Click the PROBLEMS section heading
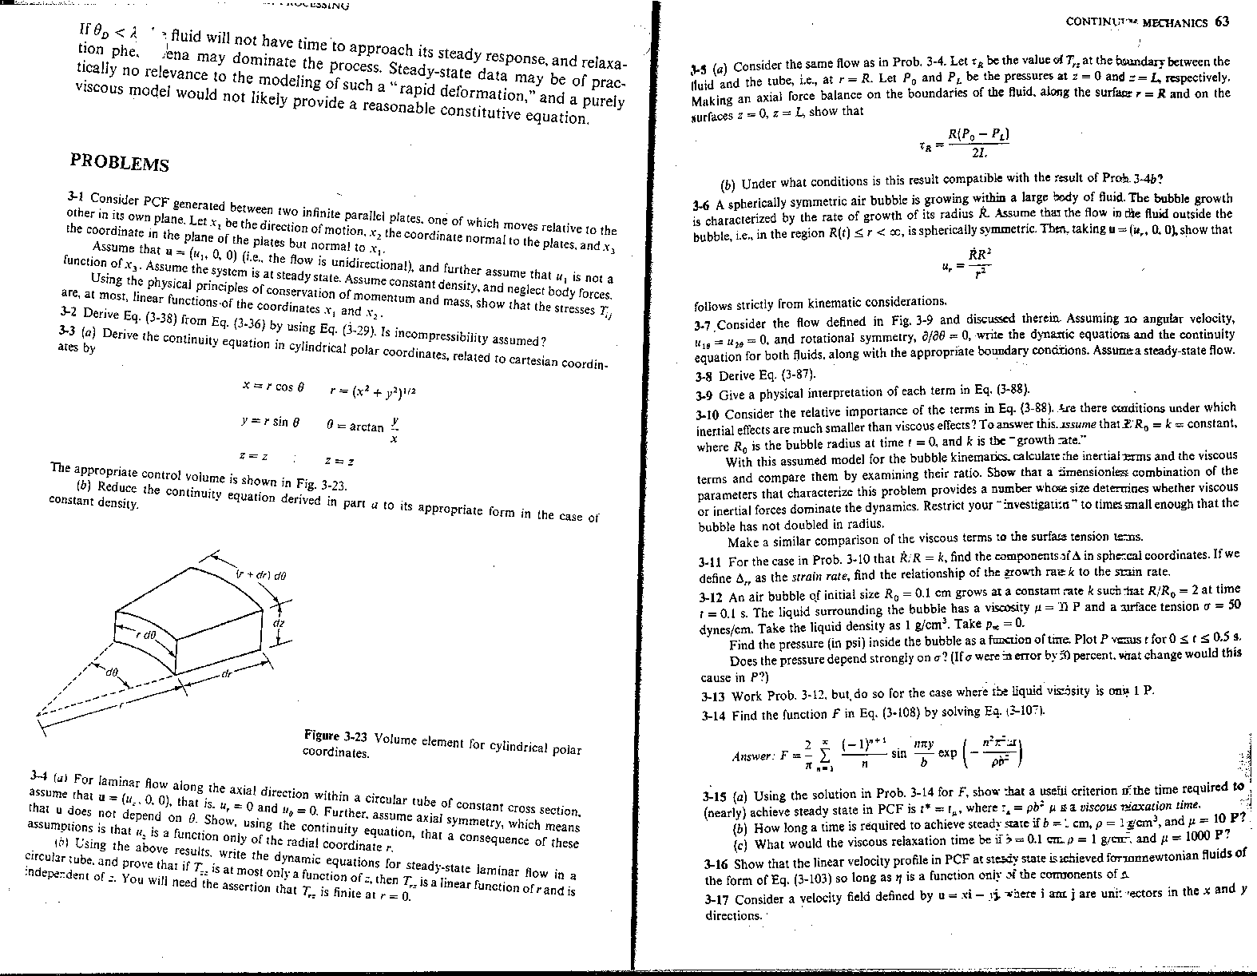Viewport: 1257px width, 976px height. point(120,160)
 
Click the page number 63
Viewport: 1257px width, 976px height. point(1222,22)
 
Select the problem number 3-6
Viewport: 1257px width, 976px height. point(703,205)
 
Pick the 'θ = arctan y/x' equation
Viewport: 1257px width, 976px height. point(363,428)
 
